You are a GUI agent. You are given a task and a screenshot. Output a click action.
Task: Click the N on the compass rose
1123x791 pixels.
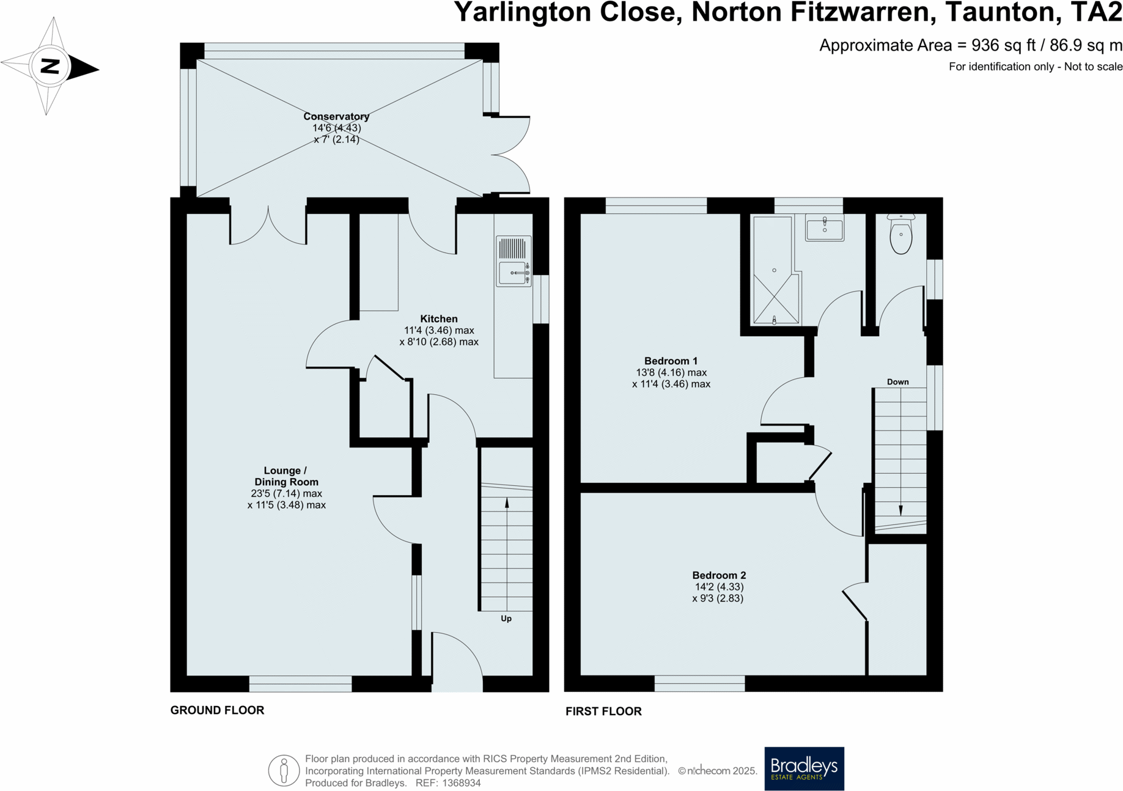point(50,66)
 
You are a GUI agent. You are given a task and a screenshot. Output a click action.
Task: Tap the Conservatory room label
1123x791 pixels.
point(336,116)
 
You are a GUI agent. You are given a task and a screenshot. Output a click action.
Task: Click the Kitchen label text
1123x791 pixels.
point(438,318)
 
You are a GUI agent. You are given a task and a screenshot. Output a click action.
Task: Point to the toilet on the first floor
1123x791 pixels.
point(900,235)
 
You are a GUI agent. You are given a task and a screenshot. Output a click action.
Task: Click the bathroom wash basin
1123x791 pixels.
point(824,229)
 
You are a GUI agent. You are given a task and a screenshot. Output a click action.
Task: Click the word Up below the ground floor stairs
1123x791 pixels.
point(506,618)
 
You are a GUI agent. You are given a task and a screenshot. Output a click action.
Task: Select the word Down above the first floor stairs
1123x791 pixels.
point(897,381)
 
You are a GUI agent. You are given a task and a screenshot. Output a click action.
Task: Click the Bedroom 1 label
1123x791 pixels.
point(671,361)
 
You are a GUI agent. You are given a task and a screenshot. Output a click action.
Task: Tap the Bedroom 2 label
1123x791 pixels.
point(719,575)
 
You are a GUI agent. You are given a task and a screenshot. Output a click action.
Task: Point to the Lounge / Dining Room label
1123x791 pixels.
point(286,476)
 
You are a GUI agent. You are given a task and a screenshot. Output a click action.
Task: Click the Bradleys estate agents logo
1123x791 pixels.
point(804,768)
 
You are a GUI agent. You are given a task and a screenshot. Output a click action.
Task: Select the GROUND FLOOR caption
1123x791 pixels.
point(217,710)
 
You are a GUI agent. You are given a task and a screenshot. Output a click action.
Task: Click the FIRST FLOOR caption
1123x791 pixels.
point(603,711)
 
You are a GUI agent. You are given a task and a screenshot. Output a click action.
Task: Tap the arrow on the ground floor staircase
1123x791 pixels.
point(506,504)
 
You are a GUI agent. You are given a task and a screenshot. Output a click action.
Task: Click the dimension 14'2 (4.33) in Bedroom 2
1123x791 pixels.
point(719,587)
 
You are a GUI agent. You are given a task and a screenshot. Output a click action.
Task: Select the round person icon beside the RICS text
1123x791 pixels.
point(284,770)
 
